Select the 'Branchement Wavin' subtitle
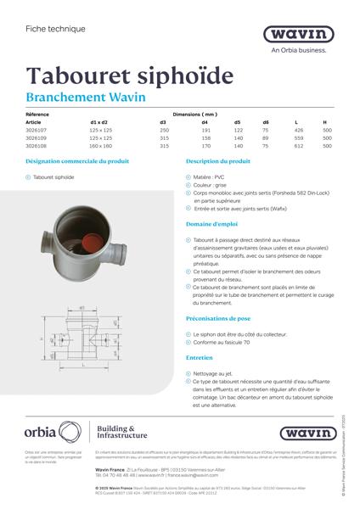(85, 98)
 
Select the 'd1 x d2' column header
(100, 122)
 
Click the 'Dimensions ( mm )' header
(195, 114)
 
